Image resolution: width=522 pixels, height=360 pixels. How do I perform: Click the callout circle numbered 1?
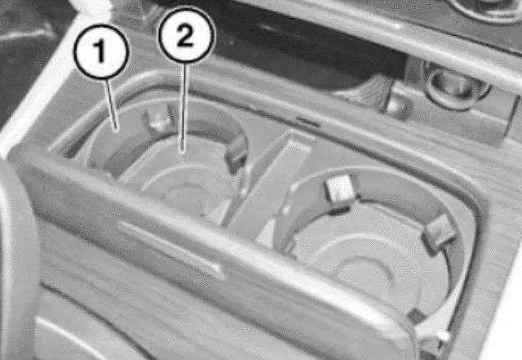click(101, 51)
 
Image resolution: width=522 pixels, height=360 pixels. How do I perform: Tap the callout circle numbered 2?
click(186, 34)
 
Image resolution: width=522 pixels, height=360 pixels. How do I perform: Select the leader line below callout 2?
click(184, 107)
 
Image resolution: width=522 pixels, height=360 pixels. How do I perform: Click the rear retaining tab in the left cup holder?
click(157, 119)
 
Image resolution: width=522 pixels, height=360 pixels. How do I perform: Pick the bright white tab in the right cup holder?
click(340, 189)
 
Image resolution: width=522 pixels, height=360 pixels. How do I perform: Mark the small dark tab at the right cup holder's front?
click(415, 315)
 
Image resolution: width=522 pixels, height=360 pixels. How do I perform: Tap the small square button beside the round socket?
click(398, 107)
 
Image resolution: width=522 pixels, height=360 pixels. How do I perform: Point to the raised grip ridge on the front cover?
click(170, 247)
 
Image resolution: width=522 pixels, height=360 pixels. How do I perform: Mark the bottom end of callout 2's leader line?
click(183, 151)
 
